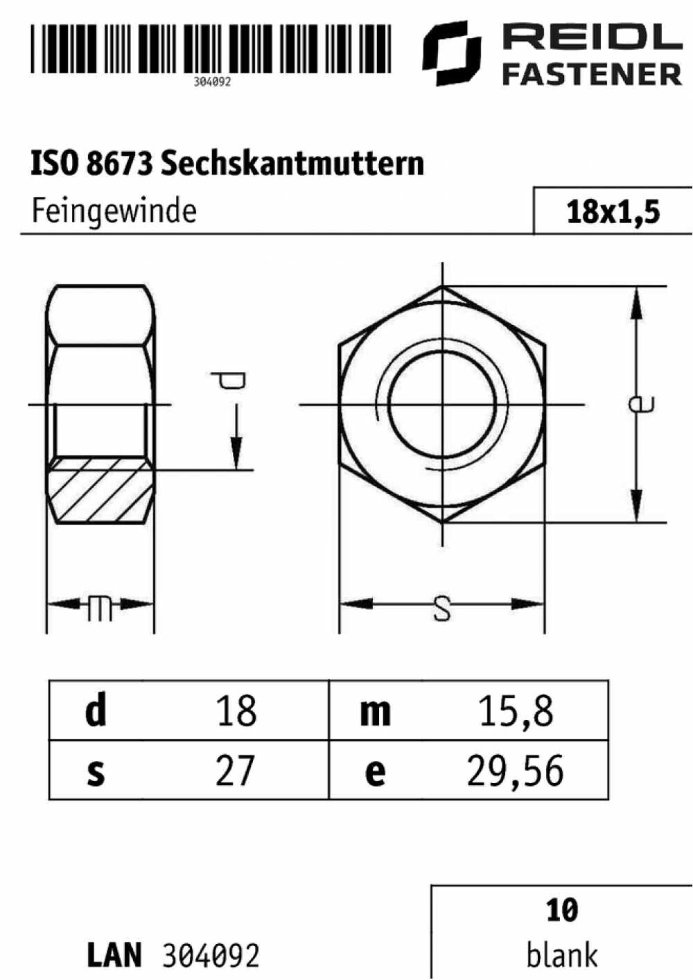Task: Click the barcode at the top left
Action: coord(211,49)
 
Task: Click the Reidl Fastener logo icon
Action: coord(452,53)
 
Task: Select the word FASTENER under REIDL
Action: coord(593,74)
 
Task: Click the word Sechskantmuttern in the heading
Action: coord(292,164)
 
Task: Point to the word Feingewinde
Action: coord(114,212)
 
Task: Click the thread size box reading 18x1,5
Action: coord(613,211)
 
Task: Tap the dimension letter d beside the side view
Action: coord(229,380)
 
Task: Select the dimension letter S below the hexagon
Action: coord(442,609)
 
